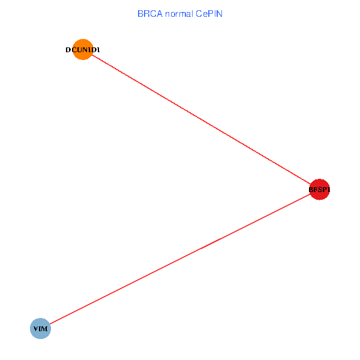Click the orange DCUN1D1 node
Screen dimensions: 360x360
[83, 50]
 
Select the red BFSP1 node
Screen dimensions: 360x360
[319, 190]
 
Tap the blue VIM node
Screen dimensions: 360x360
[40, 329]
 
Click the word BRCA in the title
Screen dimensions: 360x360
[148, 13]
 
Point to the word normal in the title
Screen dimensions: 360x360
[176, 13]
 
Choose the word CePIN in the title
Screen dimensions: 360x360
[209, 13]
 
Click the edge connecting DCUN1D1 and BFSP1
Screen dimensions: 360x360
[201, 119]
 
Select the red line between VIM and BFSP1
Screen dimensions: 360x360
[180, 259]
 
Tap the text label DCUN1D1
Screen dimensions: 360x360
[83, 50]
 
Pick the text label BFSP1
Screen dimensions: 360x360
[319, 190]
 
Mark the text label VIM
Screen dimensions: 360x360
[41, 329]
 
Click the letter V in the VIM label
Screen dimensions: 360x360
[36, 329]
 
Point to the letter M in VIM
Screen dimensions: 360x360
[45, 329]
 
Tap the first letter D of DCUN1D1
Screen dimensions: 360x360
[68, 50]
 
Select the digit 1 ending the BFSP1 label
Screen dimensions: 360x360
[329, 190]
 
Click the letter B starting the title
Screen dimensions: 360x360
[140, 13]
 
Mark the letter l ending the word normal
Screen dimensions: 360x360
[191, 13]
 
